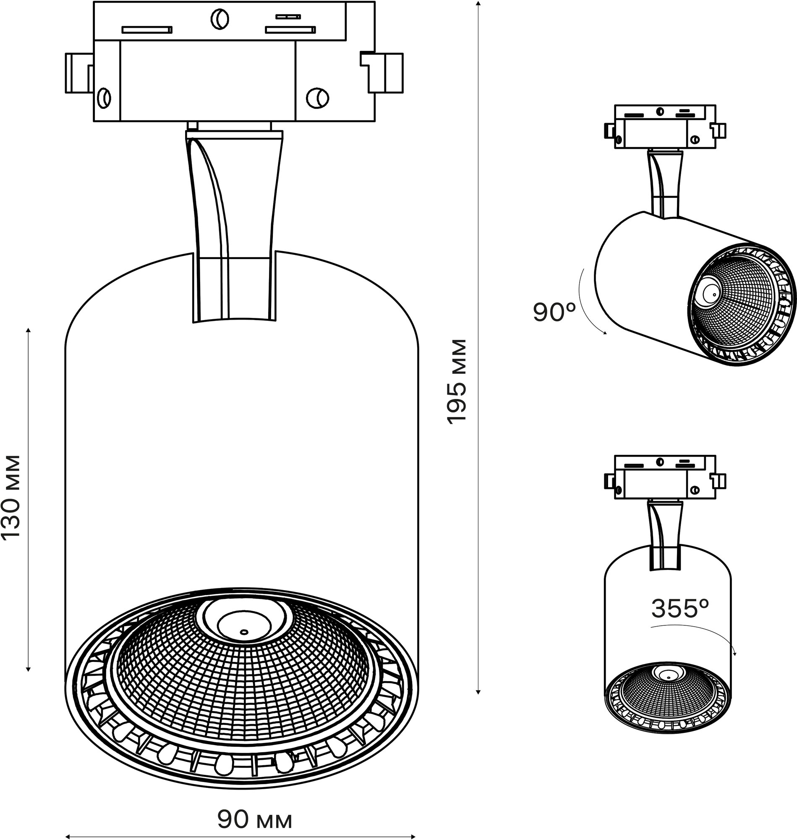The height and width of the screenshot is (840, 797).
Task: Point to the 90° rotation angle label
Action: (x=554, y=312)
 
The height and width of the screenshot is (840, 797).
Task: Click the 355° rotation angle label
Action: (x=680, y=609)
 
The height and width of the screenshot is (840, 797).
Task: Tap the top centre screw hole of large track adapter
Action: (x=220, y=19)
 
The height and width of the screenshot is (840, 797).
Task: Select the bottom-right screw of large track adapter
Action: (x=317, y=98)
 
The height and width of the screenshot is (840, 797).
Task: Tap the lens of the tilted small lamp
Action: (x=709, y=293)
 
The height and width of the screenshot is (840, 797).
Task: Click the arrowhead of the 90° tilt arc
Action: (x=606, y=334)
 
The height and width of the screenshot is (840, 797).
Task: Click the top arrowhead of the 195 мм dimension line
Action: (x=478, y=3)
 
